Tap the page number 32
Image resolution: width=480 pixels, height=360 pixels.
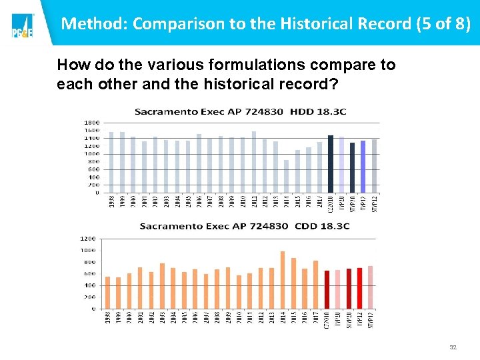pyautogui.click(x=453, y=347)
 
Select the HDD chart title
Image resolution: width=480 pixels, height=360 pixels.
pyautogui.click(x=240, y=111)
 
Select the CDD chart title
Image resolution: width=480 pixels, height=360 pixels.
pyautogui.click(x=245, y=226)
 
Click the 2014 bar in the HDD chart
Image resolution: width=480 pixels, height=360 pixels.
pyautogui.click(x=286, y=176)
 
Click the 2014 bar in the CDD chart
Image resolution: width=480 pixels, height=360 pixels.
pyautogui.click(x=283, y=280)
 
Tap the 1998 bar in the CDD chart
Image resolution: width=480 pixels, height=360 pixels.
pyautogui.click(x=108, y=293)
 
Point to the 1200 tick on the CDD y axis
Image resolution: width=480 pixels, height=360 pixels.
pyautogui.click(x=88, y=238)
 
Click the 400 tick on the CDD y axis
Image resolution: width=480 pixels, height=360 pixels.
pyautogui.click(x=89, y=285)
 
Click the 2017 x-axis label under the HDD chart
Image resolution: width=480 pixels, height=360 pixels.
pyautogui.click(x=319, y=202)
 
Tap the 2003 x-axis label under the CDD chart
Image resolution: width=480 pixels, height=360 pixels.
pyautogui.click(x=162, y=319)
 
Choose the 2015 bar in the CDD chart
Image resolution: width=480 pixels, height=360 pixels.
pyautogui.click(x=293, y=283)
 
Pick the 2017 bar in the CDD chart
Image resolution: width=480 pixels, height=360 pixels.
pyautogui.click(x=315, y=285)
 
